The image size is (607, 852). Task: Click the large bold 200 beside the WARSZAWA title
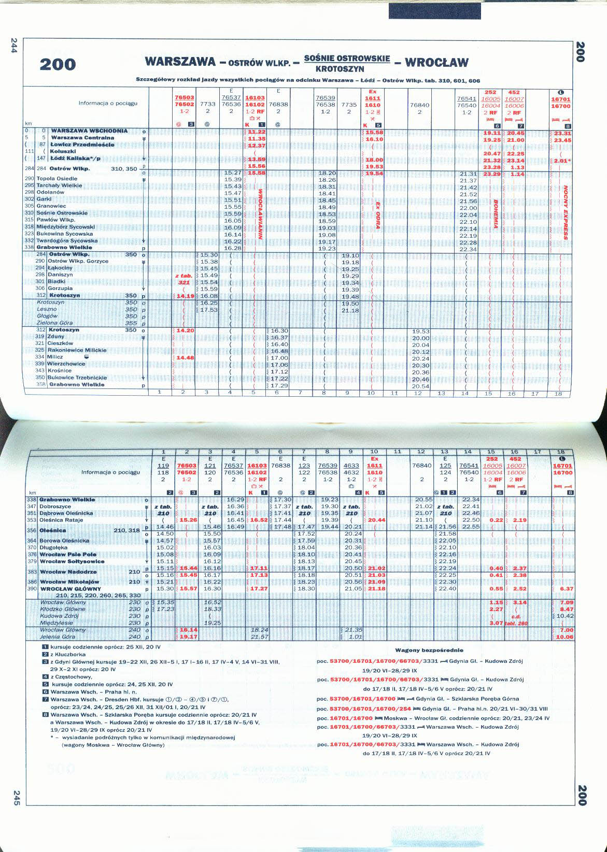point(58,65)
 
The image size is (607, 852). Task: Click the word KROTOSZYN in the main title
point(347,69)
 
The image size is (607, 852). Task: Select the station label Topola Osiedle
point(57,179)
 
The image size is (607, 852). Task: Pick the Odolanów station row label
point(50,192)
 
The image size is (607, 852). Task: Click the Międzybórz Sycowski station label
point(65,227)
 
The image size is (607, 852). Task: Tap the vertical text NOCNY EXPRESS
point(566,213)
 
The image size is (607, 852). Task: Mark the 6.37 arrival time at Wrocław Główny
point(567,589)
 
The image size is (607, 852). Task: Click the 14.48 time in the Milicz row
point(185,357)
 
